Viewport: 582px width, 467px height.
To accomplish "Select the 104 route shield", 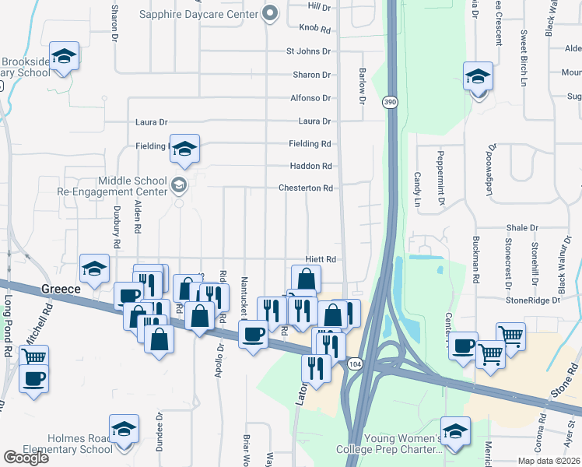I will tap(355, 363).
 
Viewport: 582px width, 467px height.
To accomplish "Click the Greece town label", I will tap(61, 289).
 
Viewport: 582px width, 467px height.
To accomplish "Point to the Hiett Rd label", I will tap(320, 259).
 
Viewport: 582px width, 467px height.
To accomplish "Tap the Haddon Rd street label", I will tap(310, 166).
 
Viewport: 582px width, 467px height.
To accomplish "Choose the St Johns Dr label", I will tap(308, 51).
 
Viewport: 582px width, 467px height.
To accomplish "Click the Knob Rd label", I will tap(314, 29).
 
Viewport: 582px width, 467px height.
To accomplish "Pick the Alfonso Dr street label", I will tap(310, 98).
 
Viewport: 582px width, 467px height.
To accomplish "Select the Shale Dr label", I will tap(521, 228).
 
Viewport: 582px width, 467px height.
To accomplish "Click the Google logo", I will tap(26, 458).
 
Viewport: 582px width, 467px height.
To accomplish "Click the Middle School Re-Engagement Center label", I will tap(112, 185).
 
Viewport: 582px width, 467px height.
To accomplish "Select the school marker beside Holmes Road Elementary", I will tap(124, 429).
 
